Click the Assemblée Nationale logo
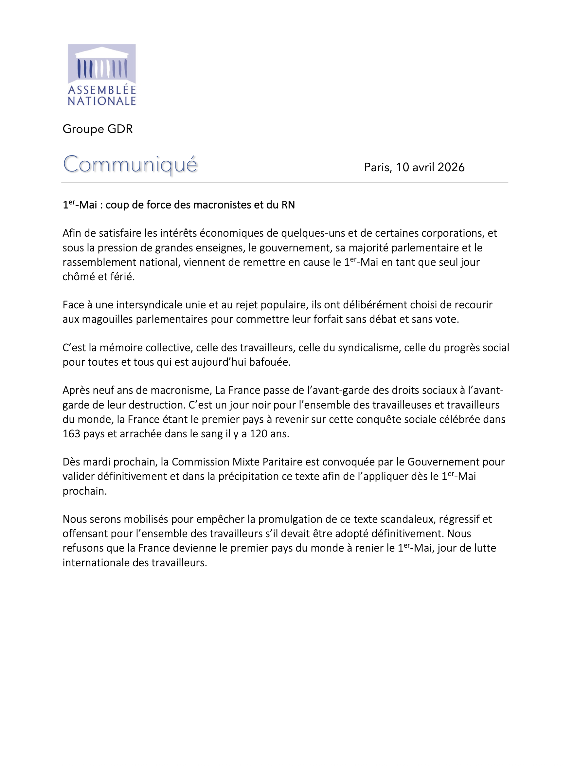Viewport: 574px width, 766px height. coord(101,74)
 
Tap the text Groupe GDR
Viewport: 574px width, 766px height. coord(97,129)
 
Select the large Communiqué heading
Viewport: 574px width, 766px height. coord(130,164)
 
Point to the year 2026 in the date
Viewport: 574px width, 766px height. coord(451,167)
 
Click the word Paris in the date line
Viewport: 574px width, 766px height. coord(378,167)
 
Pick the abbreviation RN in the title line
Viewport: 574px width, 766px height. coord(288,205)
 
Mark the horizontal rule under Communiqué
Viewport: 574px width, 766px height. coord(284,183)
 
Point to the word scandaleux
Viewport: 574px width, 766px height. coord(408,519)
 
